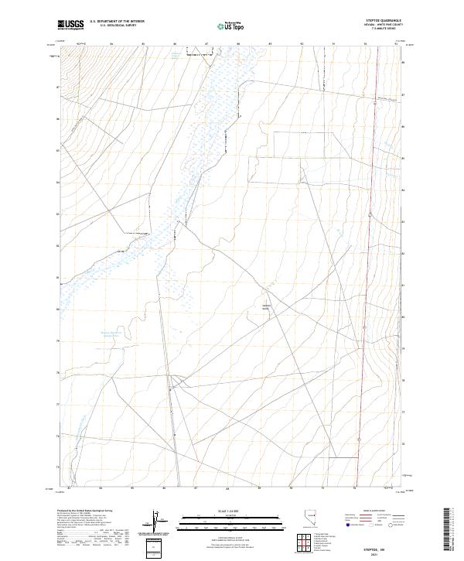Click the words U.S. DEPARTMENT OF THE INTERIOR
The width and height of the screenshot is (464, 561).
(118, 22)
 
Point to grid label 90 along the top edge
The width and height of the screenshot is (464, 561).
(302, 44)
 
